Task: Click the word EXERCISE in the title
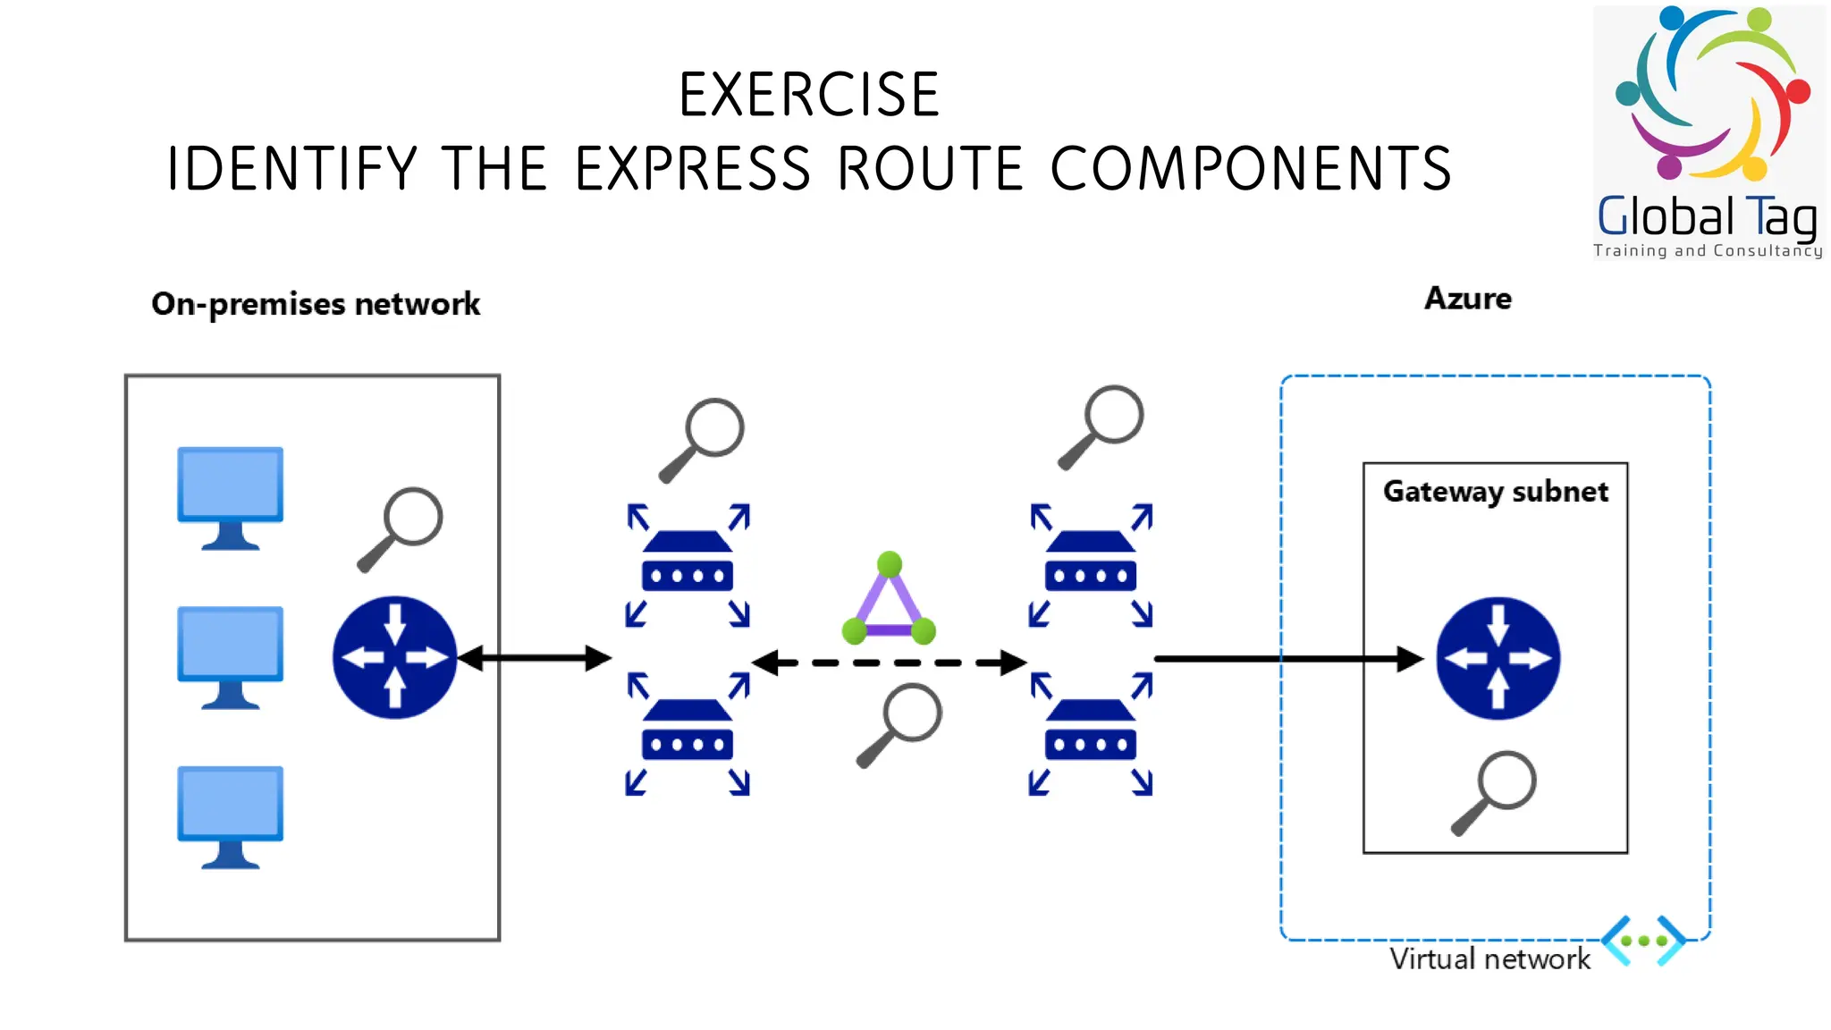(809, 95)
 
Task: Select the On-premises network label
(316, 304)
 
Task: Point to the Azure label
(1467, 299)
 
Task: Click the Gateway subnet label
(1495, 492)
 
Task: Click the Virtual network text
(1489, 959)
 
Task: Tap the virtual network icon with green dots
(1643, 941)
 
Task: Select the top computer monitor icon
(231, 497)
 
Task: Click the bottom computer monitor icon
(231, 816)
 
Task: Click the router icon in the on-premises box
(394, 658)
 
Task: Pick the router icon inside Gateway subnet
(1498, 659)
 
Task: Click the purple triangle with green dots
(889, 603)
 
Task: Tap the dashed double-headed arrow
(889, 663)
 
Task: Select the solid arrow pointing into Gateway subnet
(1287, 659)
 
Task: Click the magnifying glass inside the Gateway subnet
(1495, 791)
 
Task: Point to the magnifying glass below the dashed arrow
(899, 725)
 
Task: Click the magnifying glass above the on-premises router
(401, 528)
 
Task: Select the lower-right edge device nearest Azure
(1091, 734)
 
